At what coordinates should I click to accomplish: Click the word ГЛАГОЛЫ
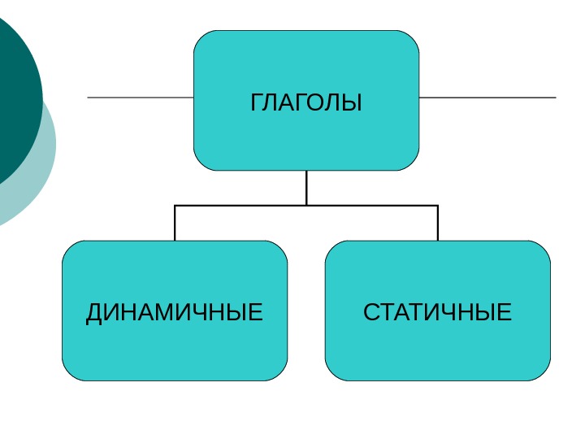306,103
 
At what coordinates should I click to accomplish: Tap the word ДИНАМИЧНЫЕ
175,312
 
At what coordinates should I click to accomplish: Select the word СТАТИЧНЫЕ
437,312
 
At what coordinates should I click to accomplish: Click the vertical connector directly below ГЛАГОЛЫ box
306,187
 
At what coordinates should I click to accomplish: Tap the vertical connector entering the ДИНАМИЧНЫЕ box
175,224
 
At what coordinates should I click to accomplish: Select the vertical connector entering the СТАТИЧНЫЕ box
438,224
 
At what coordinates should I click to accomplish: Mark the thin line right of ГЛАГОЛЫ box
487,98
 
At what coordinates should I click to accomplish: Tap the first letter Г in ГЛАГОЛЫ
257,103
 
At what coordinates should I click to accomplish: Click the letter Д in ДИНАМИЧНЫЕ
95,312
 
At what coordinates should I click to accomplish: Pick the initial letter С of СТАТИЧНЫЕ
371,312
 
